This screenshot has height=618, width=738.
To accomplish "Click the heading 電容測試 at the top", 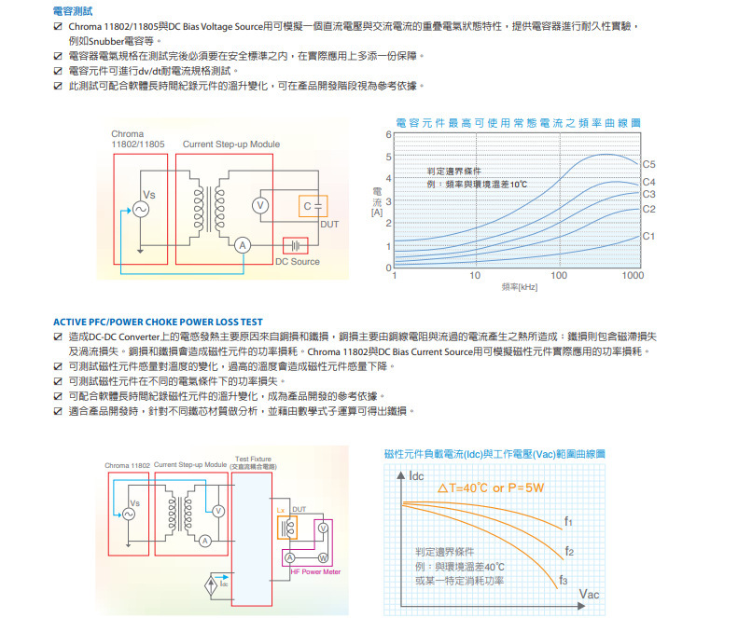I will tap(72, 11).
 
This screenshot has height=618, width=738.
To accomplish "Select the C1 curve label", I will tap(649, 237).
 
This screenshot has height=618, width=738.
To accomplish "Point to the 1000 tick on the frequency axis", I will tap(633, 277).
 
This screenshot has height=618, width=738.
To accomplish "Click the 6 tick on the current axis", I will tap(388, 135).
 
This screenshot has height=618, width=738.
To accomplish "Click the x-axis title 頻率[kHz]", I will tap(520, 287).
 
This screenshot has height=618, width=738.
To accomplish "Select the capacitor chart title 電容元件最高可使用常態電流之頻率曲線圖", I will tap(519, 123).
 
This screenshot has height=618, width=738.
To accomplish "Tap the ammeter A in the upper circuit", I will tap(242, 244).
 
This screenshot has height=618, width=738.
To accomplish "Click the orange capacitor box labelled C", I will tap(314, 205).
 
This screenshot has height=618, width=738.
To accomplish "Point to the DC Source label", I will tap(298, 262).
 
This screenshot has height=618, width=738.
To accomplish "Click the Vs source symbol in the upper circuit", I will tap(143, 209).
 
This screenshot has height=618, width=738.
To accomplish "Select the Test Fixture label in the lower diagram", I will tap(254, 459).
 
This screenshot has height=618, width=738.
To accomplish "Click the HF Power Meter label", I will tap(314, 571).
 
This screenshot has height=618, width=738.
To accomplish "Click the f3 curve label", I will tap(563, 580).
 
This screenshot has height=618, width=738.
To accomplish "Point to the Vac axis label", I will tap(590, 594).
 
